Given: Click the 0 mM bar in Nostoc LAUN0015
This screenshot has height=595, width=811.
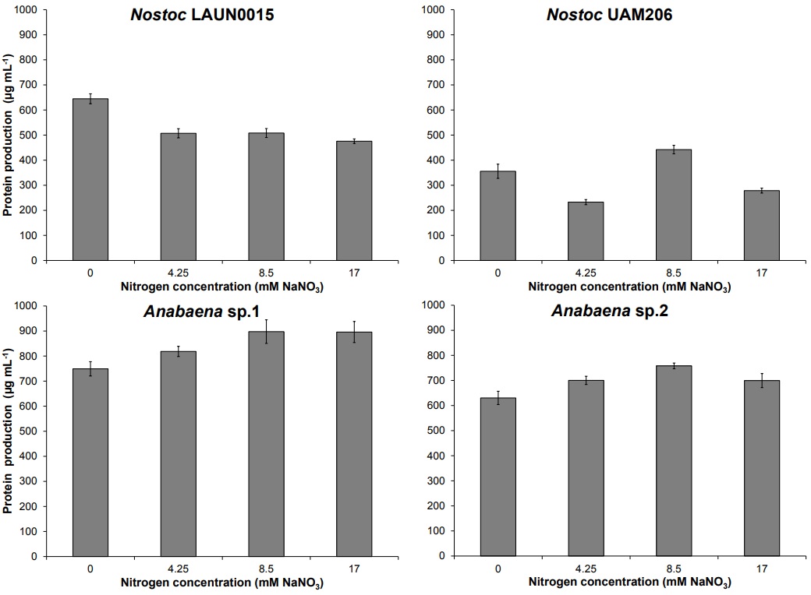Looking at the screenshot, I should point(90,180).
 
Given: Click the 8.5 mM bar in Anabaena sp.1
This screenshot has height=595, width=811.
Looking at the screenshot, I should point(266,444).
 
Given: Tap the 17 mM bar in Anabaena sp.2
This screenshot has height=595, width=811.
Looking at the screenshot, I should point(762,468).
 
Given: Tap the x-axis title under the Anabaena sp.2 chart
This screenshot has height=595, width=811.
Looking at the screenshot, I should point(629,583).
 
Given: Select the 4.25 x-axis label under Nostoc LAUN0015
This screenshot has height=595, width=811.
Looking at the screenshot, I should point(179,273).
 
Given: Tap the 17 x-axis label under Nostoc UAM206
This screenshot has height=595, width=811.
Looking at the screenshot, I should point(762,273).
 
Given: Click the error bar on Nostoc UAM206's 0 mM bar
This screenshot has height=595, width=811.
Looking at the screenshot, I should point(498,171).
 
